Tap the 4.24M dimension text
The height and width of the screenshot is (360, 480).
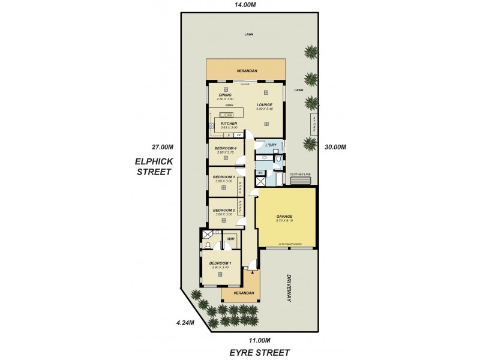coord(185,322)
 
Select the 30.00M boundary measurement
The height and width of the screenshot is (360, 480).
coord(334,147)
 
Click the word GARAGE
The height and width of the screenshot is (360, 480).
coord(284,217)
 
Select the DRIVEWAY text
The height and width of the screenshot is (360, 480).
coord(289,289)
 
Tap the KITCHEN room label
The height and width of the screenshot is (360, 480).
coord(229,124)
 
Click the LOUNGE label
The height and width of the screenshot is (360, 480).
coord(265,105)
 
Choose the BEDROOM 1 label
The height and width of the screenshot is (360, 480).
coord(220,263)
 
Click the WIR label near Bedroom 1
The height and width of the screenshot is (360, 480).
coord(230,238)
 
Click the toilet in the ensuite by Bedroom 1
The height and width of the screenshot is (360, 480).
coord(207,245)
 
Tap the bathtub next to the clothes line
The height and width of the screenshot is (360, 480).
coord(279,179)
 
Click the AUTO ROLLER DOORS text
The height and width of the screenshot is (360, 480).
coord(289,245)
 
